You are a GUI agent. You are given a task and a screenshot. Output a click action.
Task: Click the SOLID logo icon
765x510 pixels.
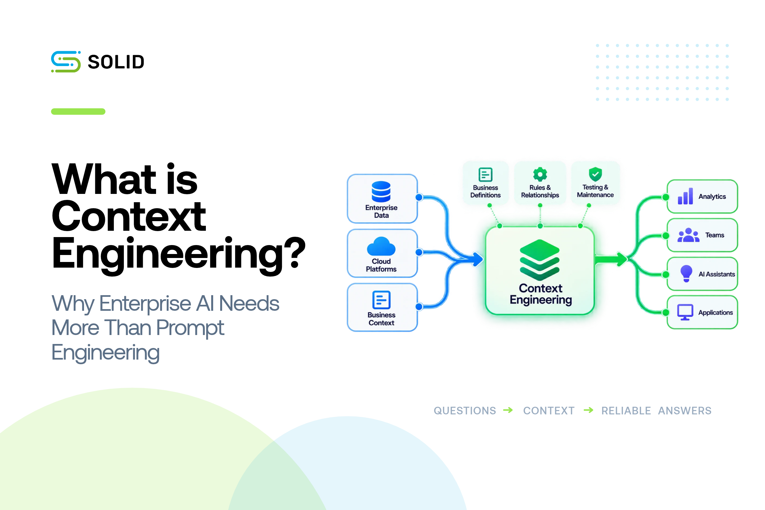[66, 62]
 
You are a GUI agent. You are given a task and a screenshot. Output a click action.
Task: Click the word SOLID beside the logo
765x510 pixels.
[116, 62]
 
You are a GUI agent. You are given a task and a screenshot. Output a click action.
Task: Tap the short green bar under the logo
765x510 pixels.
[78, 112]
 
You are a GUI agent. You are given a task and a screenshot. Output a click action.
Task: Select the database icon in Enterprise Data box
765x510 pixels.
[381, 192]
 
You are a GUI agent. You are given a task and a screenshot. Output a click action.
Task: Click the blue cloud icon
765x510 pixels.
[381, 246]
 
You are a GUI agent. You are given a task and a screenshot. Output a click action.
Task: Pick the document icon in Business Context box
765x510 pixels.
[382, 300]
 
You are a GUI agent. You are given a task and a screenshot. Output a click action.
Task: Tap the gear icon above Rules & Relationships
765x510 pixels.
[540, 174]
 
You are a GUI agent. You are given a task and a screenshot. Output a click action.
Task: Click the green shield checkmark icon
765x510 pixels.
[595, 174]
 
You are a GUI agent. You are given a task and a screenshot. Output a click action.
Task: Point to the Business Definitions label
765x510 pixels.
[485, 192]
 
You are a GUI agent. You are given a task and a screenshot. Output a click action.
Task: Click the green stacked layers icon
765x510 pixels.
[540, 260]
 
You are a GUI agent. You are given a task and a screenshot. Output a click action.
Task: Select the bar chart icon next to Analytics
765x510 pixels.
[685, 196]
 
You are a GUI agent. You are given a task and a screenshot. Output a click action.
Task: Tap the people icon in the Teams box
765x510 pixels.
[688, 235]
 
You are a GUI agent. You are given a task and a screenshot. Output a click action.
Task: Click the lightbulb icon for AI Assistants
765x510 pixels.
[686, 274]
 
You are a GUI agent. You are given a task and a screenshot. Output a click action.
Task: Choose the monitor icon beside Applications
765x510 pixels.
[685, 312]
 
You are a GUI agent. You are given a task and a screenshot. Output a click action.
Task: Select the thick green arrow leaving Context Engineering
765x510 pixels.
[611, 259]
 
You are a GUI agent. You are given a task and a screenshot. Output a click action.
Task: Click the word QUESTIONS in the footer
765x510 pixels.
[465, 411]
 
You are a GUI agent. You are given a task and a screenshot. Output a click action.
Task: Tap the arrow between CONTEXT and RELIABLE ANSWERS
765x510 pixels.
[588, 410]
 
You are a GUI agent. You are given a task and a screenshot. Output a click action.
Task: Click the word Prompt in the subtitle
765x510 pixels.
[190, 328]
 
